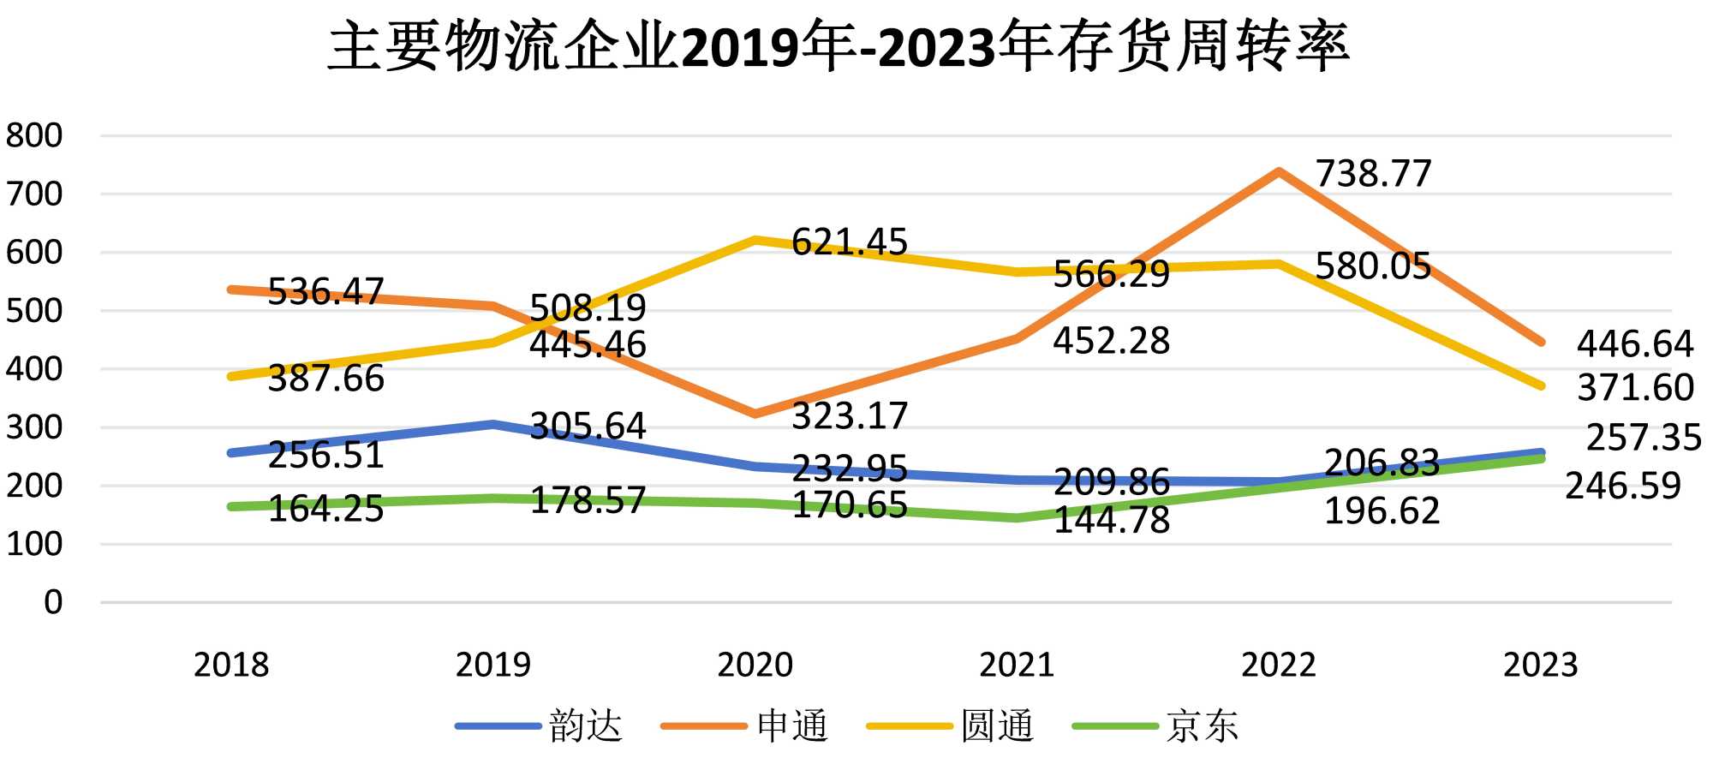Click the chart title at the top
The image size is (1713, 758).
(x=839, y=46)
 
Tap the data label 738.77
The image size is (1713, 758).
(x=1373, y=174)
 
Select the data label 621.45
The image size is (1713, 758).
(x=849, y=242)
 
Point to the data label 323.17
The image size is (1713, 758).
(x=849, y=417)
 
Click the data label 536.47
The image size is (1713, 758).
(x=325, y=292)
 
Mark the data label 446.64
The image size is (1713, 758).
(x=1634, y=344)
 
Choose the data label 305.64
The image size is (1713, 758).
(x=588, y=427)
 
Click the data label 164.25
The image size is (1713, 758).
(x=325, y=510)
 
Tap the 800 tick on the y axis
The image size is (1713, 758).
(x=34, y=135)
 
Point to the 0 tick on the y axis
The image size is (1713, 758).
(x=53, y=602)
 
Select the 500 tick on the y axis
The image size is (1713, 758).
(x=34, y=311)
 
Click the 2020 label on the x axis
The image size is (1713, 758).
(x=755, y=665)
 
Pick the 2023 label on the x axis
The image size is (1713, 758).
(x=1540, y=665)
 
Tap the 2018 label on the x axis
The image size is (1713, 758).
(x=231, y=665)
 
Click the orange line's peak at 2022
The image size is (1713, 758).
(x=1278, y=172)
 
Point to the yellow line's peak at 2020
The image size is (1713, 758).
(x=755, y=240)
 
